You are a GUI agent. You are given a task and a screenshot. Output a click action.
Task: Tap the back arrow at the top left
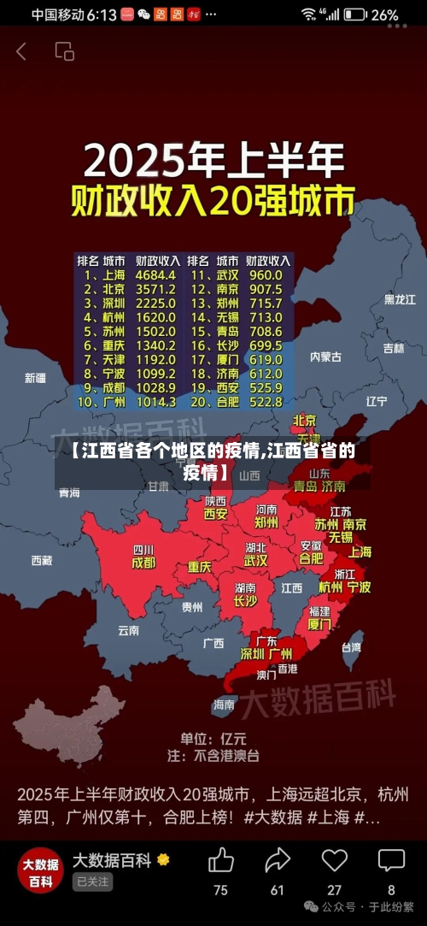pyautogui.click(x=21, y=51)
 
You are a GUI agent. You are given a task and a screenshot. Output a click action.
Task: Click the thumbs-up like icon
pyautogui.click(x=220, y=859)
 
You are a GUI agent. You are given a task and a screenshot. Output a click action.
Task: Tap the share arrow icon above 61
pyautogui.click(x=278, y=859)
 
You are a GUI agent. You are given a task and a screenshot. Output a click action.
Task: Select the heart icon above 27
pyautogui.click(x=334, y=859)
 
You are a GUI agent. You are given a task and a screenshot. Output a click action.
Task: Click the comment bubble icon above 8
pyautogui.click(x=391, y=859)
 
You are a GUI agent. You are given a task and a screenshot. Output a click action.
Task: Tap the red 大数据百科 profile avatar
pyautogui.click(x=40, y=870)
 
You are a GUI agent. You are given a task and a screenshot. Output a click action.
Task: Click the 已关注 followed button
pyautogui.click(x=92, y=882)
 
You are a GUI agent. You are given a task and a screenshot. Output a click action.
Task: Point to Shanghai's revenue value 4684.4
pyautogui.click(x=155, y=275)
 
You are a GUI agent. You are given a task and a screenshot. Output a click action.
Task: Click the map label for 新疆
pyautogui.click(x=35, y=378)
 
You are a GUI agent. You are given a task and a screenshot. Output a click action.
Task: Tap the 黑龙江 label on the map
pyautogui.click(x=399, y=299)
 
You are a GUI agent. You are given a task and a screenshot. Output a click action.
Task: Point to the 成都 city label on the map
pyautogui.click(x=143, y=563)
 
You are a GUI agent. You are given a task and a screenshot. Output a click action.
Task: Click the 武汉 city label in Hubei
pyautogui.click(x=256, y=561)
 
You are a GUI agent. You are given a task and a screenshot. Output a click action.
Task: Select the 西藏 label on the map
pyautogui.click(x=41, y=561)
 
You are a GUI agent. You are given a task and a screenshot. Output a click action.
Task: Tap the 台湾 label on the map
pyautogui.click(x=351, y=647)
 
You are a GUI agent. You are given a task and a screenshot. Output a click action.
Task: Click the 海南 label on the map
pyautogui.click(x=224, y=705)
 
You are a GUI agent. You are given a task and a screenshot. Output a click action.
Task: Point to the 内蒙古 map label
pyautogui.click(x=325, y=357)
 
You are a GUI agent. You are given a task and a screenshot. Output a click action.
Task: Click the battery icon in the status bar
pyautogui.click(x=356, y=15)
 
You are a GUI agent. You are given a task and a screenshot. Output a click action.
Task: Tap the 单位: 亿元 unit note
pyautogui.click(x=213, y=738)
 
